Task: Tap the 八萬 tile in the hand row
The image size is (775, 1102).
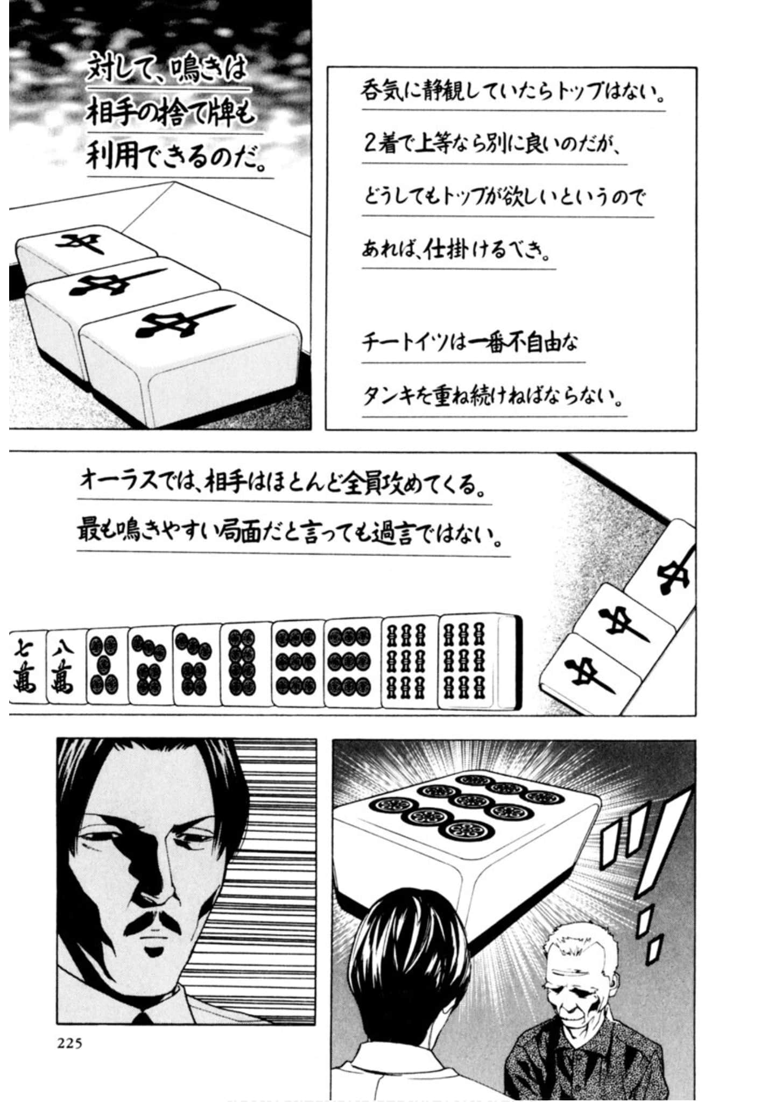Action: [67, 665]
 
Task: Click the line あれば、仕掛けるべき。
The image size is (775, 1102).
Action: [457, 250]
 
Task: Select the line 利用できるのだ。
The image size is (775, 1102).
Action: [178, 158]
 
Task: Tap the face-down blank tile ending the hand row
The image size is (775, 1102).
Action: [509, 661]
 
